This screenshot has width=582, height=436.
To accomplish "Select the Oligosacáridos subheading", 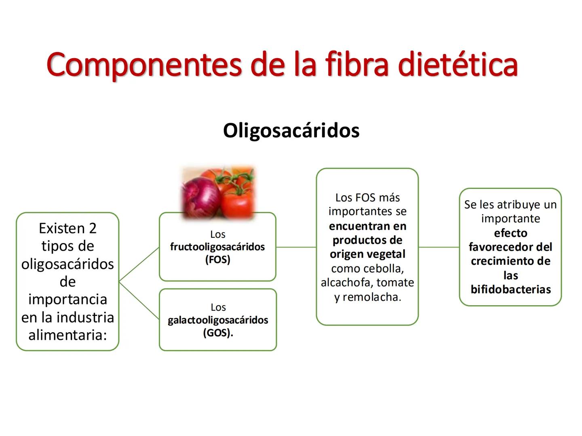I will pos(291,130).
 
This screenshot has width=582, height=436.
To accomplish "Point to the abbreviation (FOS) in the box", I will pos(217,260).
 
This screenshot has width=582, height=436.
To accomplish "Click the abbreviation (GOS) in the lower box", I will pos(217,333).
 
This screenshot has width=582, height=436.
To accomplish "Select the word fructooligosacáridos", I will pos(217,247).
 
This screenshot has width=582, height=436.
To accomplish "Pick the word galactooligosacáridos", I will pos(218,320).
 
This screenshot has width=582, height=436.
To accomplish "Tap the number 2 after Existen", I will pos(93,228).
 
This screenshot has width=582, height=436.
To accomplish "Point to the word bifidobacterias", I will pos(510,289).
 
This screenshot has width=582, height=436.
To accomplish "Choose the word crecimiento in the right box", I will pos(510,261).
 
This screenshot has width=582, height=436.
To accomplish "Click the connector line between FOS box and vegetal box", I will pos(296,247).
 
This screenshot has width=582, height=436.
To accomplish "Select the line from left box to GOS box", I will pos(139,300).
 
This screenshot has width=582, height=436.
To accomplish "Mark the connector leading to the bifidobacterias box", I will pos(439,247).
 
